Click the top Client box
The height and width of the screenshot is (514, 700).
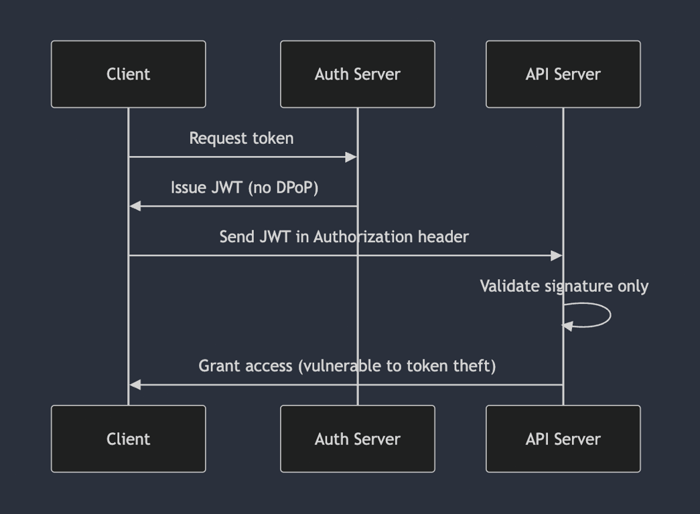click(128, 74)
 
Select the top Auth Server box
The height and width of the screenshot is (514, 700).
click(357, 74)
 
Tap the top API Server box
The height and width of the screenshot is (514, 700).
click(563, 74)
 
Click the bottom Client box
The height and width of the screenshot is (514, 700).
click(128, 439)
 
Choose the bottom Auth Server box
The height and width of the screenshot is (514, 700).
click(357, 439)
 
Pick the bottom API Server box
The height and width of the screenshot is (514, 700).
click(563, 439)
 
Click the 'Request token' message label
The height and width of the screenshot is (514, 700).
click(241, 139)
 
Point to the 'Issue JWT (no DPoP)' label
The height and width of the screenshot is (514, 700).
click(244, 187)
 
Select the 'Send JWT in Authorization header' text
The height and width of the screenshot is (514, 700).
click(344, 237)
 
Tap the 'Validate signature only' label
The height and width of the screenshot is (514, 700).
click(563, 286)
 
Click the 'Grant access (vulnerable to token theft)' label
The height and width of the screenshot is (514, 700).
click(346, 366)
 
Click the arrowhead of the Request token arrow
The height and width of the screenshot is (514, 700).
click(351, 157)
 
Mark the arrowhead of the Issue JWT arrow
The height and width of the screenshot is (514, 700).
click(135, 206)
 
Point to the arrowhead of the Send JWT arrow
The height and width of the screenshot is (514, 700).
click(556, 256)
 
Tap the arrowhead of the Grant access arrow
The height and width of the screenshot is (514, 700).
click(135, 385)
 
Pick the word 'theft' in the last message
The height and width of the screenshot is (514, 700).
click(476, 366)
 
